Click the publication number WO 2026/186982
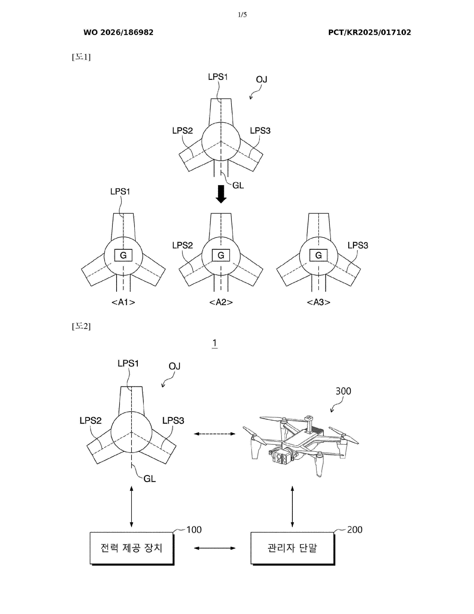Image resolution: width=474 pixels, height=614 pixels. [118, 32]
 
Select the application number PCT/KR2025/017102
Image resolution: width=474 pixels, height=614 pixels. [370, 32]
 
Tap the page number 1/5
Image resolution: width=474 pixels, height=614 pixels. [242, 15]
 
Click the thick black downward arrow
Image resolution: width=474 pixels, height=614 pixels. [221, 194]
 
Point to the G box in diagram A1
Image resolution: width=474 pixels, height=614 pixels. [123, 255]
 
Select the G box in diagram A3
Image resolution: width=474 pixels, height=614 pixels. [318, 255]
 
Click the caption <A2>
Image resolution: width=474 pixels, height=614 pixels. [221, 302]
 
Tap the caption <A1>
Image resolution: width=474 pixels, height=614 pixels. [123, 302]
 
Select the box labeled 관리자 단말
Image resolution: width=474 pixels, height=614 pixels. [293, 548]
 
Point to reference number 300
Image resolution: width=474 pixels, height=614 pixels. [343, 391]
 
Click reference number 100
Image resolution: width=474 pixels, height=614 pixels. [194, 530]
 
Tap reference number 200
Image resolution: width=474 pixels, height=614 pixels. [355, 530]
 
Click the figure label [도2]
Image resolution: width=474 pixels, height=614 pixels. [81, 326]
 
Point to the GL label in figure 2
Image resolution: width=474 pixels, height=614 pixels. [149, 479]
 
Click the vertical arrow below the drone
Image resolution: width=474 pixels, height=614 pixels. [292, 506]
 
